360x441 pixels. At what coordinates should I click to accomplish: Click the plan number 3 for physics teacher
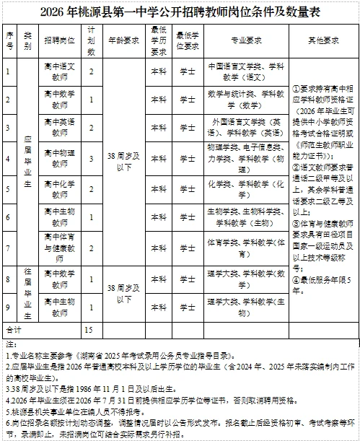coord(91,158)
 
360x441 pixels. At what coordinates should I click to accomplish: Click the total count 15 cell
coord(91,328)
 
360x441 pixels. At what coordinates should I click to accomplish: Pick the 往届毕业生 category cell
coord(27,294)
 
